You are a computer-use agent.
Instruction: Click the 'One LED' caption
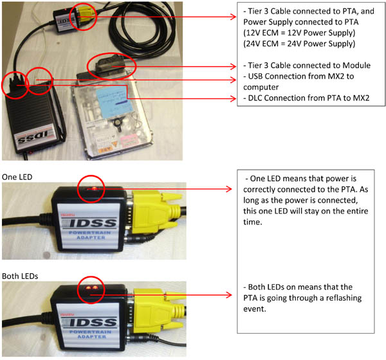coord(18,176)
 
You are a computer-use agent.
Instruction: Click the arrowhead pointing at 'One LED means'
coord(230,190)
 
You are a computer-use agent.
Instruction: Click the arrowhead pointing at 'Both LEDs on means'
coord(230,296)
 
